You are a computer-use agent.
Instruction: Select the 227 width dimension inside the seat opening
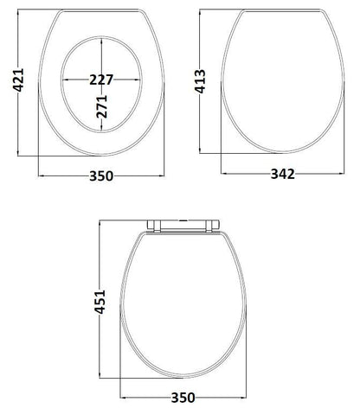point(103,79)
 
